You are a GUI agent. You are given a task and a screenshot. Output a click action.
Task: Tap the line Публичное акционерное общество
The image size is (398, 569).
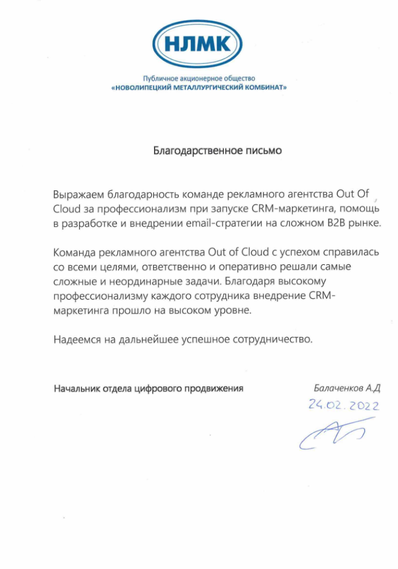(199, 78)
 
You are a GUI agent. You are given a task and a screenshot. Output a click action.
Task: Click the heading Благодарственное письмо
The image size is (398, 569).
(218, 150)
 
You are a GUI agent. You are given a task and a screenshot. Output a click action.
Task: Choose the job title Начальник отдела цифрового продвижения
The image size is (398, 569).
(149, 388)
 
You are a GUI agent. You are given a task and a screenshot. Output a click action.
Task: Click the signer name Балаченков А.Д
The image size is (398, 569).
(346, 388)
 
